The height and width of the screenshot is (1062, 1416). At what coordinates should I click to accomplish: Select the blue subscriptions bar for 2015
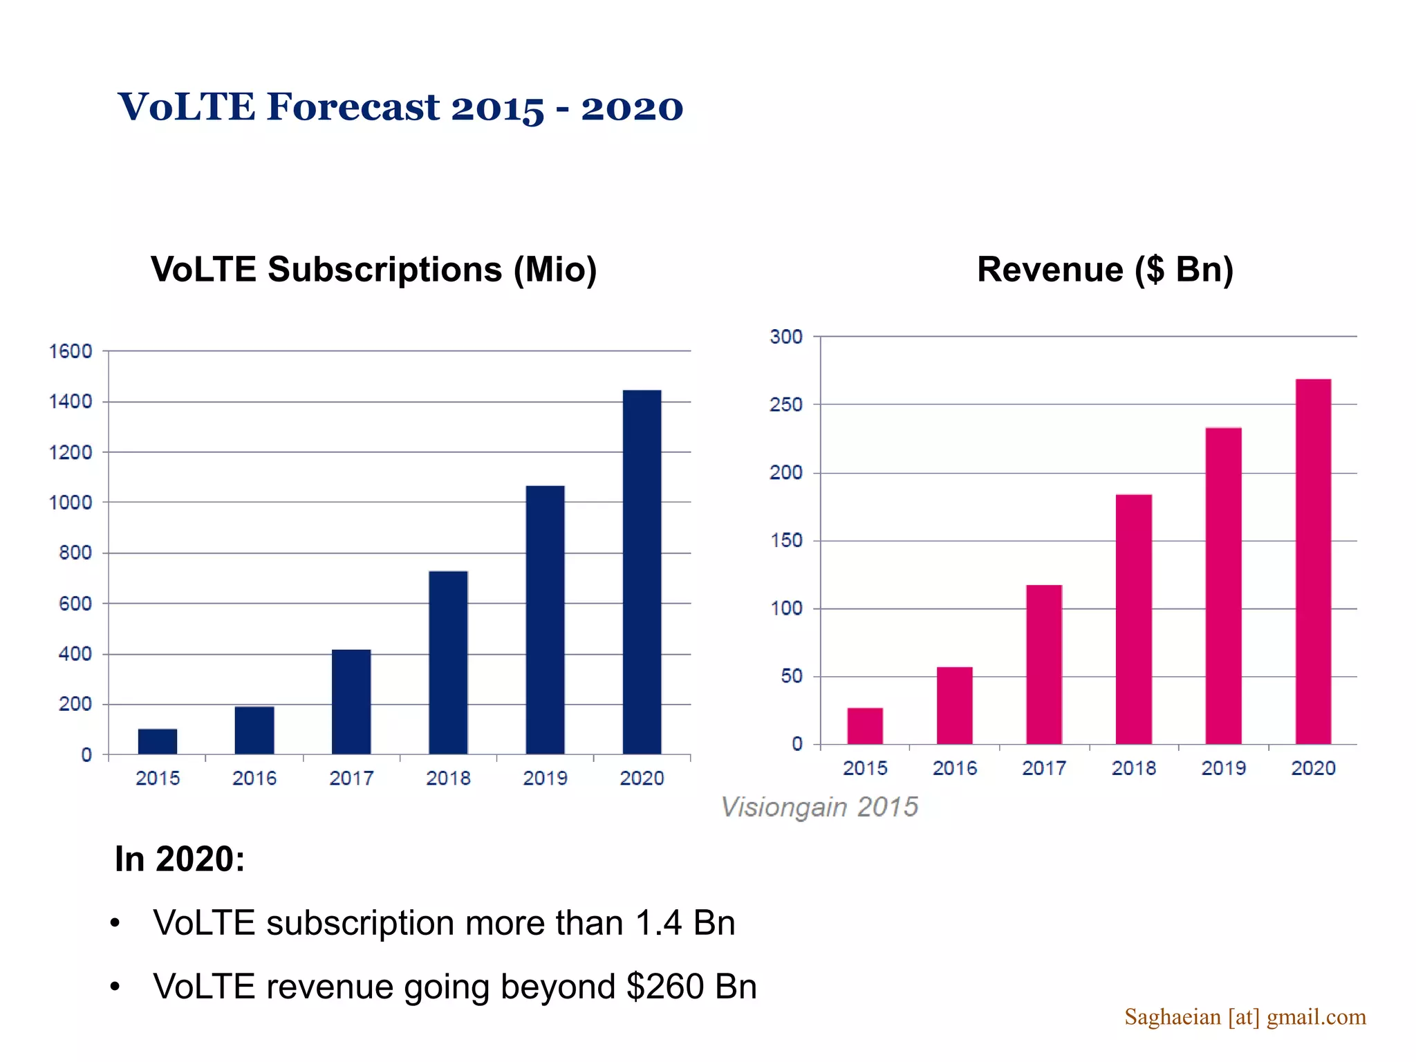point(158,741)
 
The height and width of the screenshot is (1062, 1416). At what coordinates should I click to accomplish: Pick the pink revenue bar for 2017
point(1044,664)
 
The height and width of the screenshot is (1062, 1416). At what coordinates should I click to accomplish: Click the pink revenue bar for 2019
point(1223,586)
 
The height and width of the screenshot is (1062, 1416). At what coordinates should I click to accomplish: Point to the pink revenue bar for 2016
point(954,705)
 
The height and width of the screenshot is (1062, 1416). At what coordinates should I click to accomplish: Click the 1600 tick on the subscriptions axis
point(71,351)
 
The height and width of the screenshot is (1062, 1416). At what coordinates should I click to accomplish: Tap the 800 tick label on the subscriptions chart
point(75,553)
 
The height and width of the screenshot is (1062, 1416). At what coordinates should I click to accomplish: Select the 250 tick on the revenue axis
point(786,404)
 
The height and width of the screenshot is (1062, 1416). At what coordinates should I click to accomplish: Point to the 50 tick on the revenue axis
point(792,676)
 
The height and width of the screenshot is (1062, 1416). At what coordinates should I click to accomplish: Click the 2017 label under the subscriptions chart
point(351,779)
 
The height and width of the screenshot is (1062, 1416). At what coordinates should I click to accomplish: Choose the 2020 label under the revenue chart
point(1313,768)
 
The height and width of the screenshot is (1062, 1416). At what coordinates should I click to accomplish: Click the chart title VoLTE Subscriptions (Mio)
point(373,270)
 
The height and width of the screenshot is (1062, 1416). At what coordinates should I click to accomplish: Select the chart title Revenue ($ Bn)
point(1105,270)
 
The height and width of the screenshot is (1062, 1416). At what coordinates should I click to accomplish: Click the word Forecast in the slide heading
point(353,107)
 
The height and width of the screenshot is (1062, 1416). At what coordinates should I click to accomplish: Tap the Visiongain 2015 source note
point(819,807)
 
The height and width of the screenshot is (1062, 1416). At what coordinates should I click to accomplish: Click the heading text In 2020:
point(180,859)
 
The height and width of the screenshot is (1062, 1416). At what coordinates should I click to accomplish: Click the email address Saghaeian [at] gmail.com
point(1245,1017)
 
